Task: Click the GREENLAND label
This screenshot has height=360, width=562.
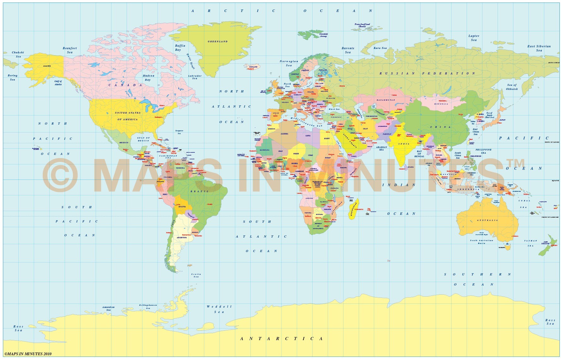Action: point(218,41)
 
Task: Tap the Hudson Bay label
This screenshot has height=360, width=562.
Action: point(148,78)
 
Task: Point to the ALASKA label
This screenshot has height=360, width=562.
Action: point(47,66)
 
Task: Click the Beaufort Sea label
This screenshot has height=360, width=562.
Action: point(70,50)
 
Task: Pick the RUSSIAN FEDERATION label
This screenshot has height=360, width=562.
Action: point(427,73)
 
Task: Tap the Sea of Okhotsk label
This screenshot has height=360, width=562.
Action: point(512,87)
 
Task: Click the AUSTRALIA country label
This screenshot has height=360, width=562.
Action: point(487,220)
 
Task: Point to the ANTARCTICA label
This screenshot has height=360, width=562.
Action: point(282,339)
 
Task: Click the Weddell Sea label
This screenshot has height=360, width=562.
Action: point(219,309)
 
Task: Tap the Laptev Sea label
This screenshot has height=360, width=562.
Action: point(474,38)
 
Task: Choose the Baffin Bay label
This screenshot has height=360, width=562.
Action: point(180,48)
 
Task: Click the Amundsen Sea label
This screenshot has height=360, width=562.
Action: point(108,308)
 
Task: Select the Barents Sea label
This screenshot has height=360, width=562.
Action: point(348,50)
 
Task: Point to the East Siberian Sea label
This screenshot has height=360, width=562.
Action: point(539,48)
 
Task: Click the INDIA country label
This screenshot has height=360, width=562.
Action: point(404,144)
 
